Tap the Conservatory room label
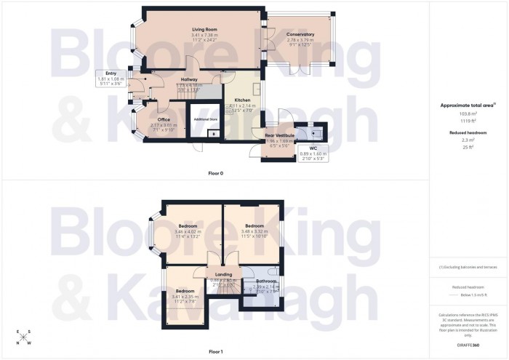[x=300, y=34]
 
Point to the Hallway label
[x=189, y=79]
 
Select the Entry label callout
[x=111, y=73]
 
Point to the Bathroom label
[x=265, y=281]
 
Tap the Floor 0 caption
[x=215, y=173]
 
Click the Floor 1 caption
[x=215, y=351]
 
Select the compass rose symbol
[x=23, y=338]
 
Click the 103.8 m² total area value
[x=468, y=115]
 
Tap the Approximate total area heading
[x=468, y=105]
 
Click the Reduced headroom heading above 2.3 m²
[x=468, y=133]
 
